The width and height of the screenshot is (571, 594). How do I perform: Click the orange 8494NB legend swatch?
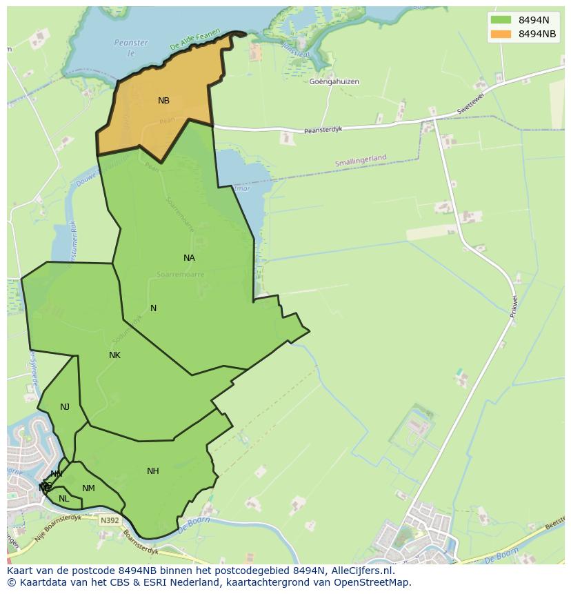point(501,34)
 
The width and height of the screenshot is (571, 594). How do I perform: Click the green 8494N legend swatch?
point(501,19)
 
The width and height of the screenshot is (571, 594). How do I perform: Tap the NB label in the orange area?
point(163,101)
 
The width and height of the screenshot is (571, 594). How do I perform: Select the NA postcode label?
point(189,258)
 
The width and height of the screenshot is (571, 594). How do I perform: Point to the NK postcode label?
point(114,355)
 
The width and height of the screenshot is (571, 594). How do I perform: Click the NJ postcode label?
point(65,407)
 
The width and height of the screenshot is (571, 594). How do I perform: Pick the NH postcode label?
point(153,471)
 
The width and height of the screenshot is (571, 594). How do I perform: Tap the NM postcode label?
point(88,488)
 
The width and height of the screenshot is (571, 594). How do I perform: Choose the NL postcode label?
point(64,499)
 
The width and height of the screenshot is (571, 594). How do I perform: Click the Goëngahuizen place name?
point(334,81)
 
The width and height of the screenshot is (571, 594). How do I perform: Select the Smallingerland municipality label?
point(361,160)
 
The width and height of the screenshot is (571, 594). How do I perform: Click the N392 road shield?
point(108,520)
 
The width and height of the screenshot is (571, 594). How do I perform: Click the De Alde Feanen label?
point(195,40)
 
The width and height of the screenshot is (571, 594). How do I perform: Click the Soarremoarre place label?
point(181,274)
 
